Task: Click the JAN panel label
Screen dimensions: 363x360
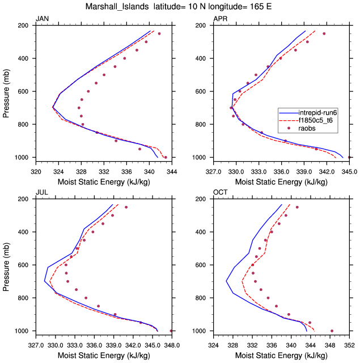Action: click(x=42, y=19)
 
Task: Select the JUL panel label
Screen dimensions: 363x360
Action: click(x=41, y=193)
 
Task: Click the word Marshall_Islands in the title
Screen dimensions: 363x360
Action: click(x=112, y=7)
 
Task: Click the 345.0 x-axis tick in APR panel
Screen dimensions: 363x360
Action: click(x=349, y=169)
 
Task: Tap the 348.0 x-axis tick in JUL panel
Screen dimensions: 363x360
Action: click(x=172, y=343)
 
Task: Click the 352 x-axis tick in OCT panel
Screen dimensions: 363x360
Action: click(x=349, y=343)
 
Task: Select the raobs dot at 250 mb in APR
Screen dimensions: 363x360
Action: click(x=324, y=33)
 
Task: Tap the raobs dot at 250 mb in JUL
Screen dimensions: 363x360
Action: click(x=126, y=207)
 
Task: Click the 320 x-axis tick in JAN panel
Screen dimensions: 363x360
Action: click(x=36, y=169)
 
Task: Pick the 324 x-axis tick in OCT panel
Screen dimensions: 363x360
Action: click(x=213, y=343)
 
